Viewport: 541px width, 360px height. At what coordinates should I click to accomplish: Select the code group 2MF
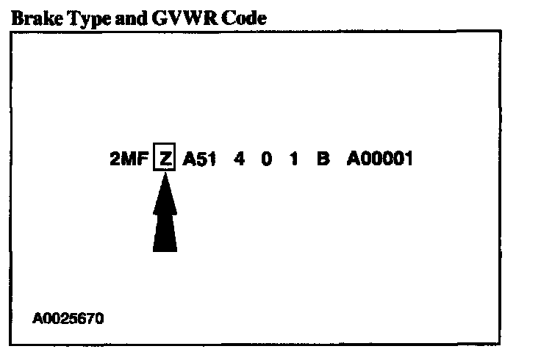[x=129, y=159]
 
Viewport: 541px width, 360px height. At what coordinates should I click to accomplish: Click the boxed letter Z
[x=165, y=159]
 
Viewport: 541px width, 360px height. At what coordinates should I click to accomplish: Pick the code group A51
[x=198, y=159]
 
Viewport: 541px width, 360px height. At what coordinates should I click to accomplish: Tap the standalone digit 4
[x=239, y=159]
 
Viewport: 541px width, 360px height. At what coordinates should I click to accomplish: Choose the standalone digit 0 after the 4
[x=266, y=159]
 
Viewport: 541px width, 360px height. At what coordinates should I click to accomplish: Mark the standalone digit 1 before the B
[x=294, y=159]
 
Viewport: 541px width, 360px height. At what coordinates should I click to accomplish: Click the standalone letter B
[x=323, y=159]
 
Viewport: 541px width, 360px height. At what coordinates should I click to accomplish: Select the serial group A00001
[x=379, y=159]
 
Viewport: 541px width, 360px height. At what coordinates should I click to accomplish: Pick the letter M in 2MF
[x=129, y=159]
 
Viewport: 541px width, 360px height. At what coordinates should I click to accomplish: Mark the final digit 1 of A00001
[x=408, y=159]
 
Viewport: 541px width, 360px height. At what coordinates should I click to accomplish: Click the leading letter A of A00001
[x=353, y=159]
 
